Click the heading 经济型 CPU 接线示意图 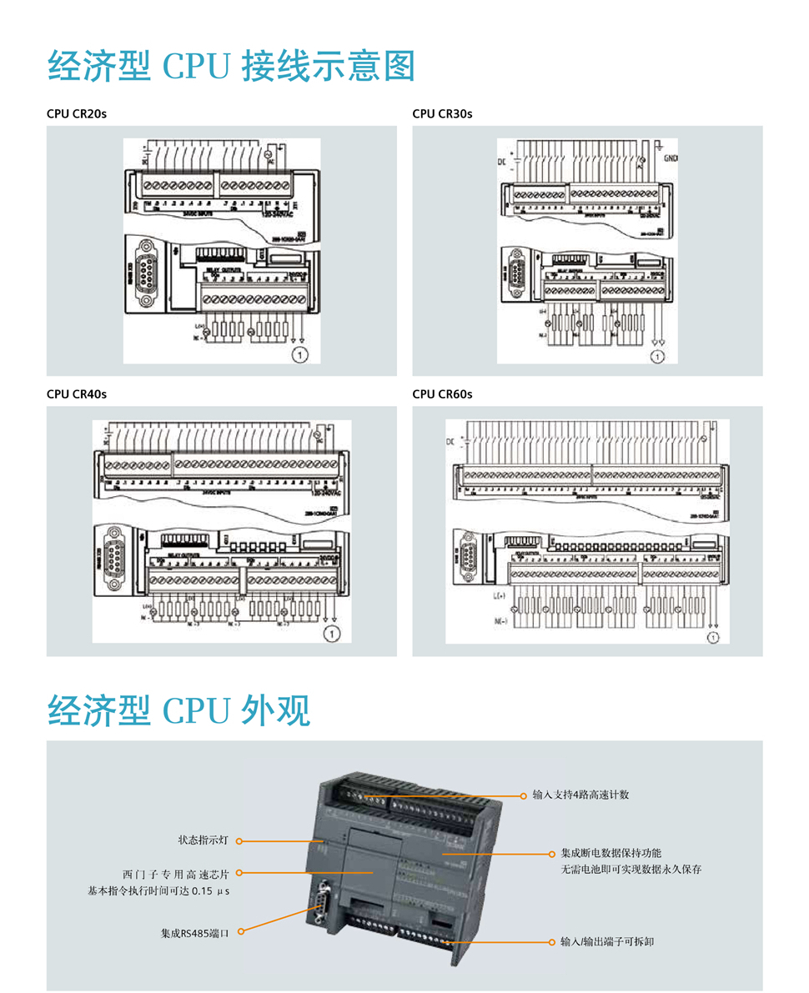click(231, 66)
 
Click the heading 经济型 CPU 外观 click(178, 710)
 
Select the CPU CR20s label click(77, 113)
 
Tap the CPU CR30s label click(442, 113)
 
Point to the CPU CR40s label click(77, 394)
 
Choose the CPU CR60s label click(442, 394)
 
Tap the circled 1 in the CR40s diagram click(332, 634)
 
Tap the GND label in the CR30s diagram click(672, 157)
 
